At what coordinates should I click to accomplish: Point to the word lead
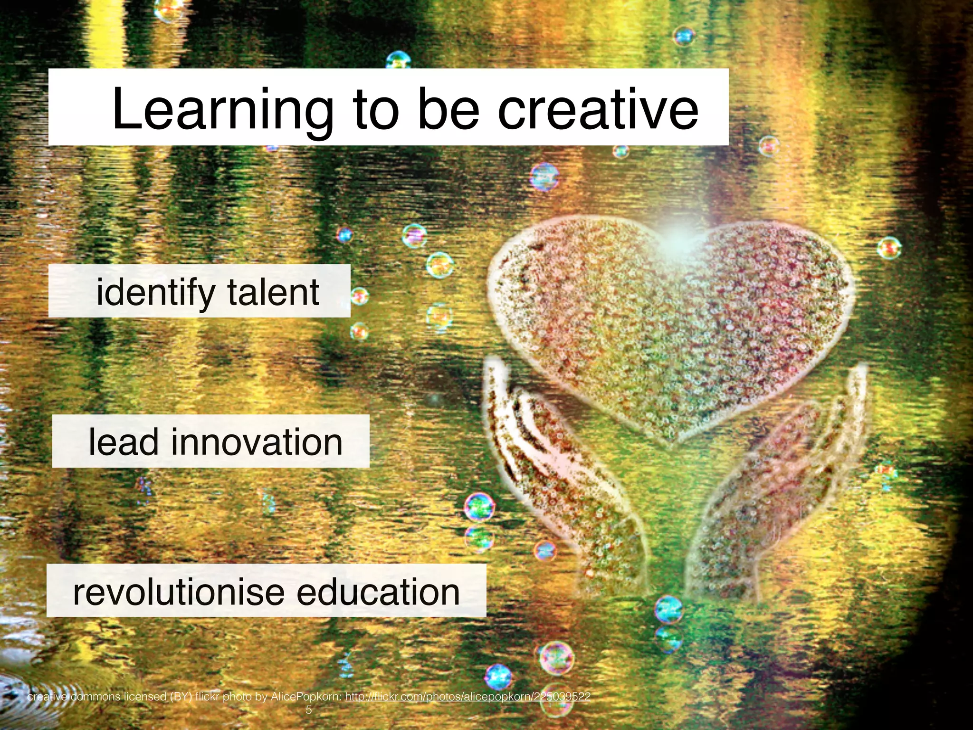[123, 442]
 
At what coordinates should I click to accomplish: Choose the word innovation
[257, 442]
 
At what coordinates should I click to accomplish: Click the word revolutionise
[178, 592]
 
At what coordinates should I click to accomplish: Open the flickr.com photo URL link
[467, 697]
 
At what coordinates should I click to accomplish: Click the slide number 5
[309, 710]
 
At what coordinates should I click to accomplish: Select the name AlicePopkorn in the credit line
[306, 697]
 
